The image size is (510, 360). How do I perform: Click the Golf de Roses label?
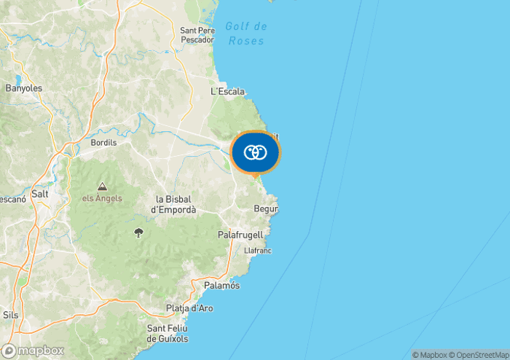(x=246, y=34)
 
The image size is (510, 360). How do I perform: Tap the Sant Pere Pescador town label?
(x=197, y=35)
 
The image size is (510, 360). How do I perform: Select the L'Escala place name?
(x=227, y=92)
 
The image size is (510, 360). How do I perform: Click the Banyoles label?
(x=24, y=88)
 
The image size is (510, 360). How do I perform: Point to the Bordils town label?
(x=103, y=143)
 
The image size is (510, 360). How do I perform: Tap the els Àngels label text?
(x=102, y=198)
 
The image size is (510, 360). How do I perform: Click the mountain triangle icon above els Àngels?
(x=102, y=186)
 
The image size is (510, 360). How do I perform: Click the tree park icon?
(x=138, y=232)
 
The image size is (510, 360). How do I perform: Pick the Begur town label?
(x=266, y=209)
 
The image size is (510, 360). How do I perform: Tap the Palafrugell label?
(x=240, y=235)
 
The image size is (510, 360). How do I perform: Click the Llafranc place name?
(x=258, y=250)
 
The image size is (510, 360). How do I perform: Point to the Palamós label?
(x=221, y=285)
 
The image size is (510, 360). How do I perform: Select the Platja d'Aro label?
(x=189, y=308)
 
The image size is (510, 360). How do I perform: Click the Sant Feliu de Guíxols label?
(x=168, y=334)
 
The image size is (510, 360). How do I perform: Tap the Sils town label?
(x=11, y=314)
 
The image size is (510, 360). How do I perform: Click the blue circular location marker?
(x=255, y=152)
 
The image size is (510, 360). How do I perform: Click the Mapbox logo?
(x=33, y=351)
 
